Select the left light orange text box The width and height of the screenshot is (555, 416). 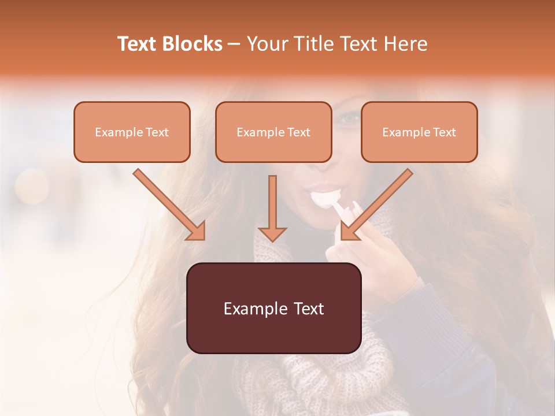tap(132, 132)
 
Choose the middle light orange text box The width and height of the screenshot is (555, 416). tap(273, 132)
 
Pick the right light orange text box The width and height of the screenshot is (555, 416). tap(419, 132)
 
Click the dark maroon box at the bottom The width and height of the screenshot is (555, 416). tap(273, 308)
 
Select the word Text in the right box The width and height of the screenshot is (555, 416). tap(445, 132)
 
